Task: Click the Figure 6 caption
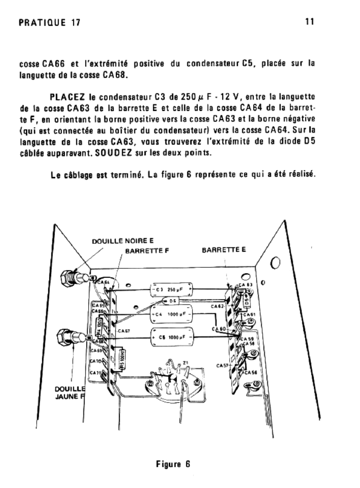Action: coord(174,465)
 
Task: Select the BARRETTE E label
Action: coord(223,250)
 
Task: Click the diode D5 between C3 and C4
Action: coord(171,301)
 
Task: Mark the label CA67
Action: coord(123,330)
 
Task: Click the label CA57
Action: coord(223,366)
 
